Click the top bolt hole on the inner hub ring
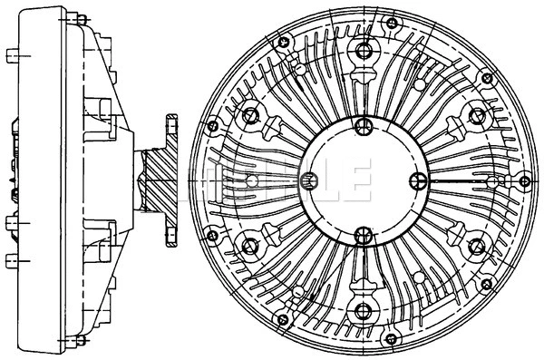point(363,125)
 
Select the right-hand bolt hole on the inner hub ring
point(418,179)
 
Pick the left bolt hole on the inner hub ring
point(307,179)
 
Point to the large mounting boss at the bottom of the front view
point(363,311)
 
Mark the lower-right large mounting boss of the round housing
point(475,246)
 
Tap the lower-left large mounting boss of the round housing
point(250,246)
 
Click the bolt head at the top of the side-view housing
point(80,20)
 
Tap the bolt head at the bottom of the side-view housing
point(80,341)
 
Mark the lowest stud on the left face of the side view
point(11,262)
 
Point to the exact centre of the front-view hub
point(363,180)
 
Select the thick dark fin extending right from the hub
point(471,180)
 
